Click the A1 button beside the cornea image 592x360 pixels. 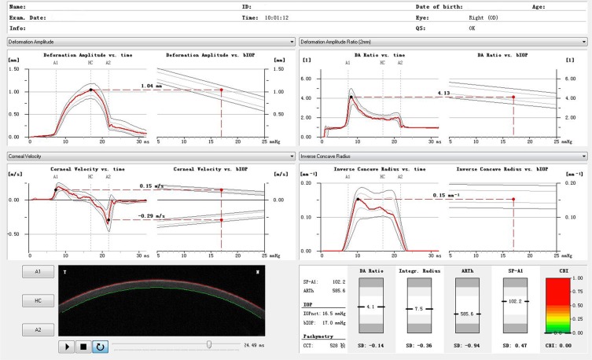pos(27,271)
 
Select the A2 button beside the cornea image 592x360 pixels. pos(27,329)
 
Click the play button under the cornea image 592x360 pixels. pos(67,345)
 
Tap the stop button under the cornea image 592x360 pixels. pos(83,345)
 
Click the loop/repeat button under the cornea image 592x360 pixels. pos(100,345)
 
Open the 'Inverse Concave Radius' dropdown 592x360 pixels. pos(443,156)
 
